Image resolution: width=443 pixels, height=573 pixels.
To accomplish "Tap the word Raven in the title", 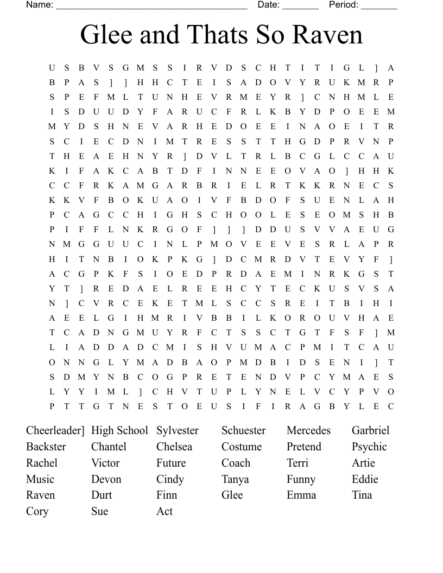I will point(328,35).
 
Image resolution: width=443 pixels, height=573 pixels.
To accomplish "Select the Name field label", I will point(40,5).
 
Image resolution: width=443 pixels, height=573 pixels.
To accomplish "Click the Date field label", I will point(268,5).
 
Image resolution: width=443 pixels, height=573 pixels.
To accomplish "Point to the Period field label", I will point(344,5).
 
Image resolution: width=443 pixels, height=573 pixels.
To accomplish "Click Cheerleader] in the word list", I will point(55,430).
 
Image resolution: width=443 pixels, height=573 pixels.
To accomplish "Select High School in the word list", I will point(119,430).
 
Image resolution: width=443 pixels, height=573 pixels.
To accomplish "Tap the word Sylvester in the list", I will point(178,430).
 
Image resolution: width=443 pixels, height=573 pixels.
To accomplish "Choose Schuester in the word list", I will point(243,430).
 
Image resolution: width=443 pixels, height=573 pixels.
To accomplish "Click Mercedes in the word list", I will point(308,430).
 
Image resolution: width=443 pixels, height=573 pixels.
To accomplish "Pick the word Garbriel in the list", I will point(370,430).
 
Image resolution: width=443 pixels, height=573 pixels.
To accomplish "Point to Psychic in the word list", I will point(369,447).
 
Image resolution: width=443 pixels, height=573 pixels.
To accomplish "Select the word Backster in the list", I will point(46,447).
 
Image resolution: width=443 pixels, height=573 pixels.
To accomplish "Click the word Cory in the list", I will point(37,511).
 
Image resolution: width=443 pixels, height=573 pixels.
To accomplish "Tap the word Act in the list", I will point(164,511).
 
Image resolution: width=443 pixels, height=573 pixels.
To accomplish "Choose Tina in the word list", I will point(362,495).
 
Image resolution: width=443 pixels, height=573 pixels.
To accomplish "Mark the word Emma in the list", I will point(301,495).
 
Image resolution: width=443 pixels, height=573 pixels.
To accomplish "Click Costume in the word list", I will point(242,447).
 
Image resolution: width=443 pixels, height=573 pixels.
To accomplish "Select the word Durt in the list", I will point(102,495).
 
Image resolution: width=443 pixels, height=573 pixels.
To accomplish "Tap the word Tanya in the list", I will point(235,479).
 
